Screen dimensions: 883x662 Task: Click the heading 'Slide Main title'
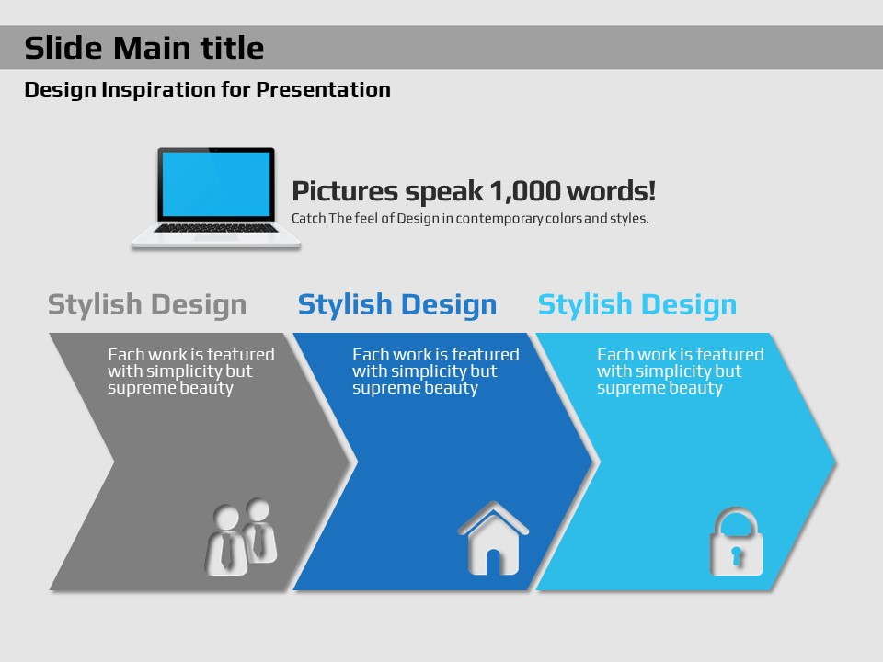coord(144,47)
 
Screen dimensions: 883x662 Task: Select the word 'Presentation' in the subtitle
coord(323,89)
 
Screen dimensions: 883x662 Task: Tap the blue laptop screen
coord(215,184)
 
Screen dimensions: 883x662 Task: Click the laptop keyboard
coord(216,228)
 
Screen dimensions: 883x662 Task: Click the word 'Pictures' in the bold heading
coord(345,191)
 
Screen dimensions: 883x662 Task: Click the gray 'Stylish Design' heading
coord(147,305)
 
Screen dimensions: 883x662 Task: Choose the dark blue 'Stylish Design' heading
coord(397,305)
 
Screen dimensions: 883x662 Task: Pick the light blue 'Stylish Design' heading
coord(636,305)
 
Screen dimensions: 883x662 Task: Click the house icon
coord(493,538)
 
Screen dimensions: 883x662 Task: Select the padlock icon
coord(736,542)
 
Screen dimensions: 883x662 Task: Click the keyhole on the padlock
coord(736,556)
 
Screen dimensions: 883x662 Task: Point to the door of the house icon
coord(493,562)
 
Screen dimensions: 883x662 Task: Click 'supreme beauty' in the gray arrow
coord(171,388)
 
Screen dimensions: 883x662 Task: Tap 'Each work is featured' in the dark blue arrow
coord(436,354)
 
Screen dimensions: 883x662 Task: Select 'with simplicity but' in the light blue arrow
coord(670,371)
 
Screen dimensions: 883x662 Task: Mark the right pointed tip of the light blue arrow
coord(836,462)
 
